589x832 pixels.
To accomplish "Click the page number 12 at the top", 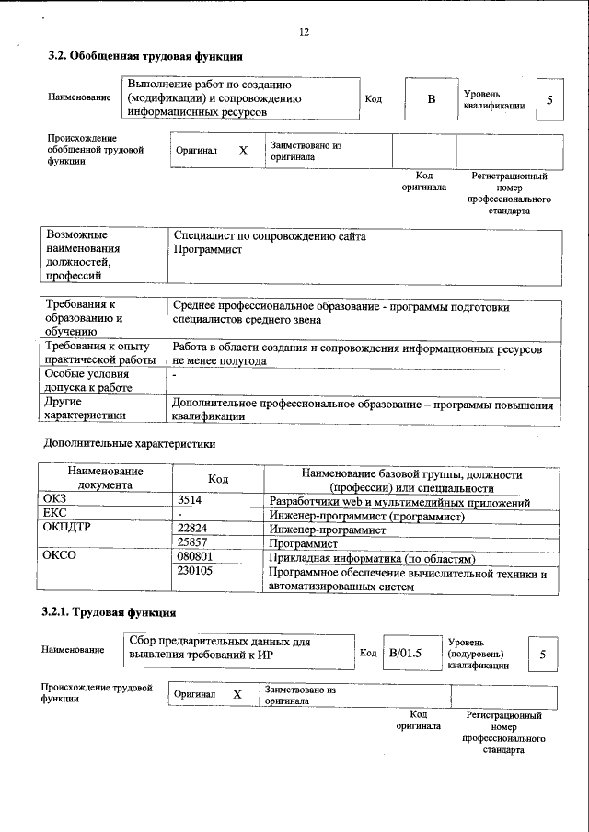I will point(304,32).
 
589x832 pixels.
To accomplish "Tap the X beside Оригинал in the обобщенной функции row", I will point(243,151).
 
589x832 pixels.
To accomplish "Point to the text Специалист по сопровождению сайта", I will point(270,236).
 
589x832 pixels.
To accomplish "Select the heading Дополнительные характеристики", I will point(130,443).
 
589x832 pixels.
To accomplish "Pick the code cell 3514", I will point(191,502).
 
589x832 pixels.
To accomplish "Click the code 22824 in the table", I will point(193,530).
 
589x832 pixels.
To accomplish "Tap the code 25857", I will point(193,544).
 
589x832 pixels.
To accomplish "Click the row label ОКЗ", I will point(55,502).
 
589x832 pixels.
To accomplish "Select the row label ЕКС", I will point(55,515).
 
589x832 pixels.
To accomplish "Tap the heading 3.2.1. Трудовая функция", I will point(109,612).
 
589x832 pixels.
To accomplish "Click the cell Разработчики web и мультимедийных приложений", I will point(398,502).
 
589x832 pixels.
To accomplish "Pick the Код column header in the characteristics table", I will point(218,480).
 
